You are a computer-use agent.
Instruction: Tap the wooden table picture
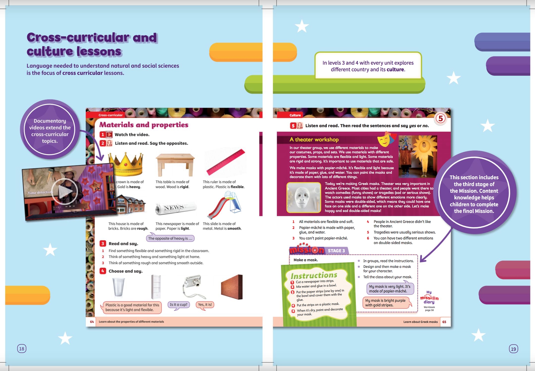[x=175, y=165]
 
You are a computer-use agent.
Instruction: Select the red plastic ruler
[x=226, y=162]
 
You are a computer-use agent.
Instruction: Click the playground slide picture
[x=225, y=205]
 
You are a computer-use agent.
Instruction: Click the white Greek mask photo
[x=304, y=198]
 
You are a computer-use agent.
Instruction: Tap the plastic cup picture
[x=118, y=287]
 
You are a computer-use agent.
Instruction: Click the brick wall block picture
[x=232, y=287]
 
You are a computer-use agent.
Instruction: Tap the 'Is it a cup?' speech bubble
[x=179, y=305]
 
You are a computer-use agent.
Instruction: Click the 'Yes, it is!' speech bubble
[x=205, y=305]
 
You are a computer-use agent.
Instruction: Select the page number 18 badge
[x=22, y=349]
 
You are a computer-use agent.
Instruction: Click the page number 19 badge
[x=513, y=349]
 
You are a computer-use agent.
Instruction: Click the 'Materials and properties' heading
[x=144, y=125]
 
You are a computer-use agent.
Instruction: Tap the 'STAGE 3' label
[x=336, y=251]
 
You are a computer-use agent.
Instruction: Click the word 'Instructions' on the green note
[x=314, y=275]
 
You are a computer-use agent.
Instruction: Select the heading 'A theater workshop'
[x=314, y=139]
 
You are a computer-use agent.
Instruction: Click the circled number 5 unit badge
[x=440, y=118]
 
